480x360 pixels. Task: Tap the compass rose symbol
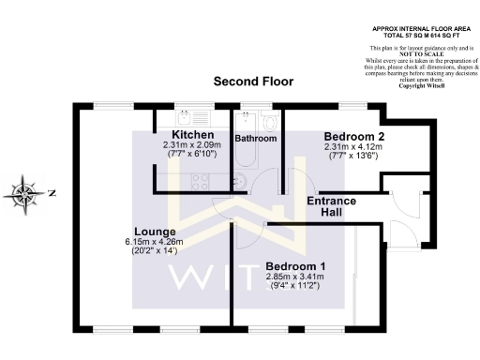tap(23, 194)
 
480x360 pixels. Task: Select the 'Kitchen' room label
tap(191, 135)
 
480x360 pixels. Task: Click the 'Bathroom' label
tap(255, 139)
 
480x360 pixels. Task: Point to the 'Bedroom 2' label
tap(348, 136)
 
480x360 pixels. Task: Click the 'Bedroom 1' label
tap(293, 265)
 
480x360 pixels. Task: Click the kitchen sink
tap(196, 117)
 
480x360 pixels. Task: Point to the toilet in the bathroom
tap(271, 122)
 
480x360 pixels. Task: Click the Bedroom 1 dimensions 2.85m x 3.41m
tap(293, 277)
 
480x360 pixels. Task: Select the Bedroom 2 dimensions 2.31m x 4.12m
tap(348, 146)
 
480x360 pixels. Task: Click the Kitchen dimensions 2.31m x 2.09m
tap(191, 145)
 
